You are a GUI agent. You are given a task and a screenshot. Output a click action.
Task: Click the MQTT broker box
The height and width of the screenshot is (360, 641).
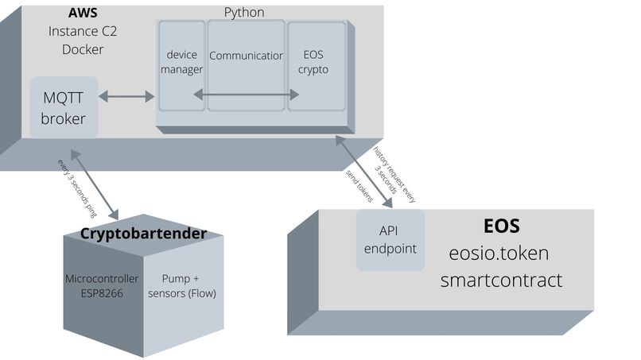[64, 107]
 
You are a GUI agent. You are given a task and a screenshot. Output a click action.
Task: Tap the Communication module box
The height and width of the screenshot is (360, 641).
[246, 57]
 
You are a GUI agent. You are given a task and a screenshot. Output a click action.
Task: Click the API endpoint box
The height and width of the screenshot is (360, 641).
[390, 239]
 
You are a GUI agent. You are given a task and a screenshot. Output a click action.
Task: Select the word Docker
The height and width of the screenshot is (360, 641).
[82, 49]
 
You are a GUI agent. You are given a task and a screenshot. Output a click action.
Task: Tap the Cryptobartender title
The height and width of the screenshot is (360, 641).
[143, 234]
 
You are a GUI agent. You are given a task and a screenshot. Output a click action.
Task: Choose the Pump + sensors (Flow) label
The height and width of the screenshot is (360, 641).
[188, 286]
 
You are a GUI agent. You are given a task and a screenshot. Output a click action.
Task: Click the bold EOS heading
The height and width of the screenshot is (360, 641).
[502, 226]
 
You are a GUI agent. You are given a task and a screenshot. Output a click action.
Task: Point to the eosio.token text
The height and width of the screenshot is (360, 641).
[498, 254]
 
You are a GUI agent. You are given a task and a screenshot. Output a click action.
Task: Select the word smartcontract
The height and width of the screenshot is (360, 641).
[501, 280]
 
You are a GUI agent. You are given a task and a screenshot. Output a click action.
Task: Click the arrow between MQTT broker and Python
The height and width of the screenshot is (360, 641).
[126, 97]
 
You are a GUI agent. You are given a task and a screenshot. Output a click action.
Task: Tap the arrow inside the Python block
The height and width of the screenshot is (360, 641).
[246, 95]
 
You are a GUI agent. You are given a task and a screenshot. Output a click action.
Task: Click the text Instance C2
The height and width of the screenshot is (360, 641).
[82, 32]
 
